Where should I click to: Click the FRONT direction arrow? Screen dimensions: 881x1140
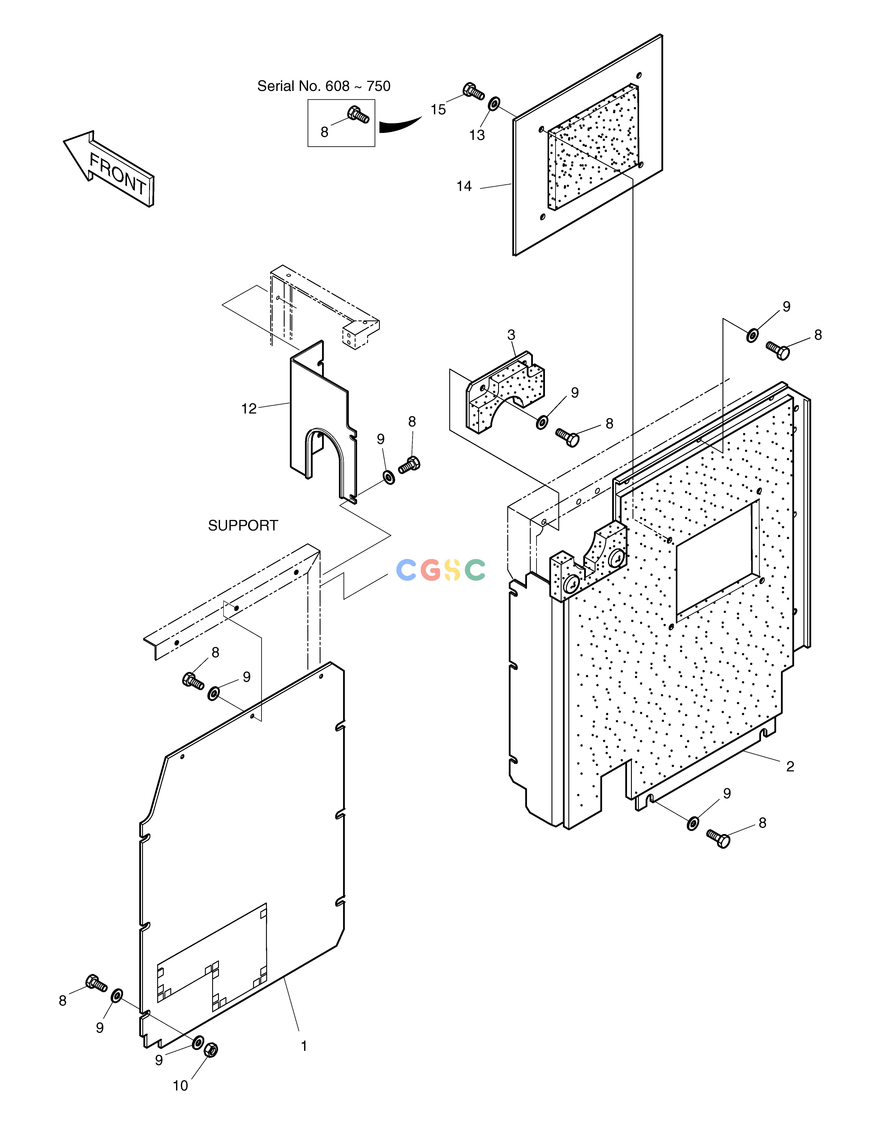click(109, 169)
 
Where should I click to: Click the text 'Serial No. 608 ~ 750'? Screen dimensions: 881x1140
click(324, 86)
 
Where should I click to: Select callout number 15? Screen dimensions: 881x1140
click(438, 110)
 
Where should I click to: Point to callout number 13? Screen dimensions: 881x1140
click(476, 135)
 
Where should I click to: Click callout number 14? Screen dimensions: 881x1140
click(464, 186)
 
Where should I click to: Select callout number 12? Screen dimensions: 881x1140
click(249, 409)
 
